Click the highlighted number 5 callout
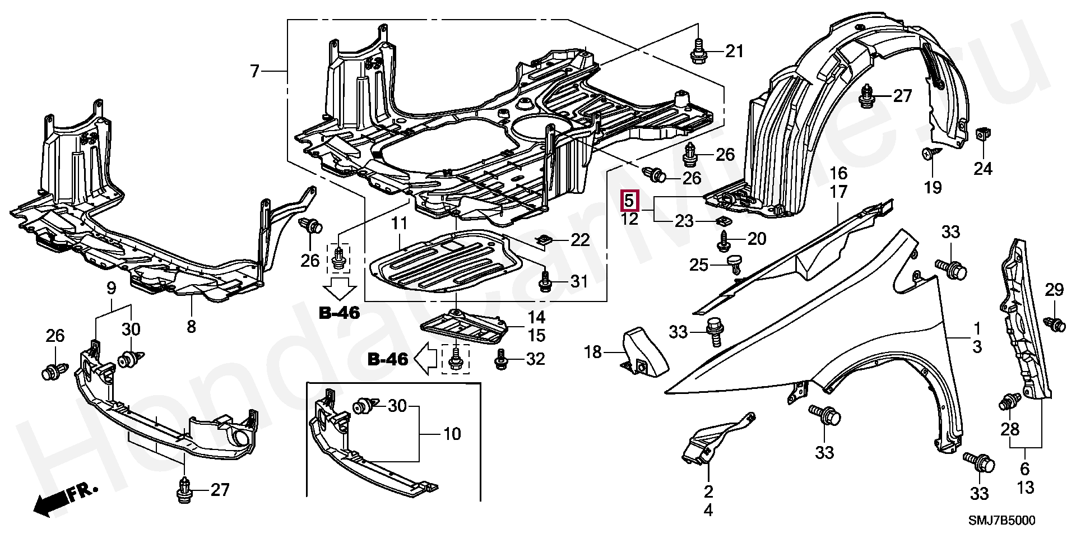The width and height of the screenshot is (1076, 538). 629,200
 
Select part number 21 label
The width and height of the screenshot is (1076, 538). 734,52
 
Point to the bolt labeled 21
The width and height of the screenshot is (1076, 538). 698,51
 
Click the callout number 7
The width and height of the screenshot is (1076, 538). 255,71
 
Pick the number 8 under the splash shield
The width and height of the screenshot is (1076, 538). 191,326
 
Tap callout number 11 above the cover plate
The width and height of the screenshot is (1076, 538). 399,224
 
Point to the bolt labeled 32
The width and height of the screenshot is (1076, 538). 501,360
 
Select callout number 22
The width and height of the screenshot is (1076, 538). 580,240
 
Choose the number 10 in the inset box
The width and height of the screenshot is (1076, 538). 452,434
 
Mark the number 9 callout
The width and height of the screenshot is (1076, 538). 111,289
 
